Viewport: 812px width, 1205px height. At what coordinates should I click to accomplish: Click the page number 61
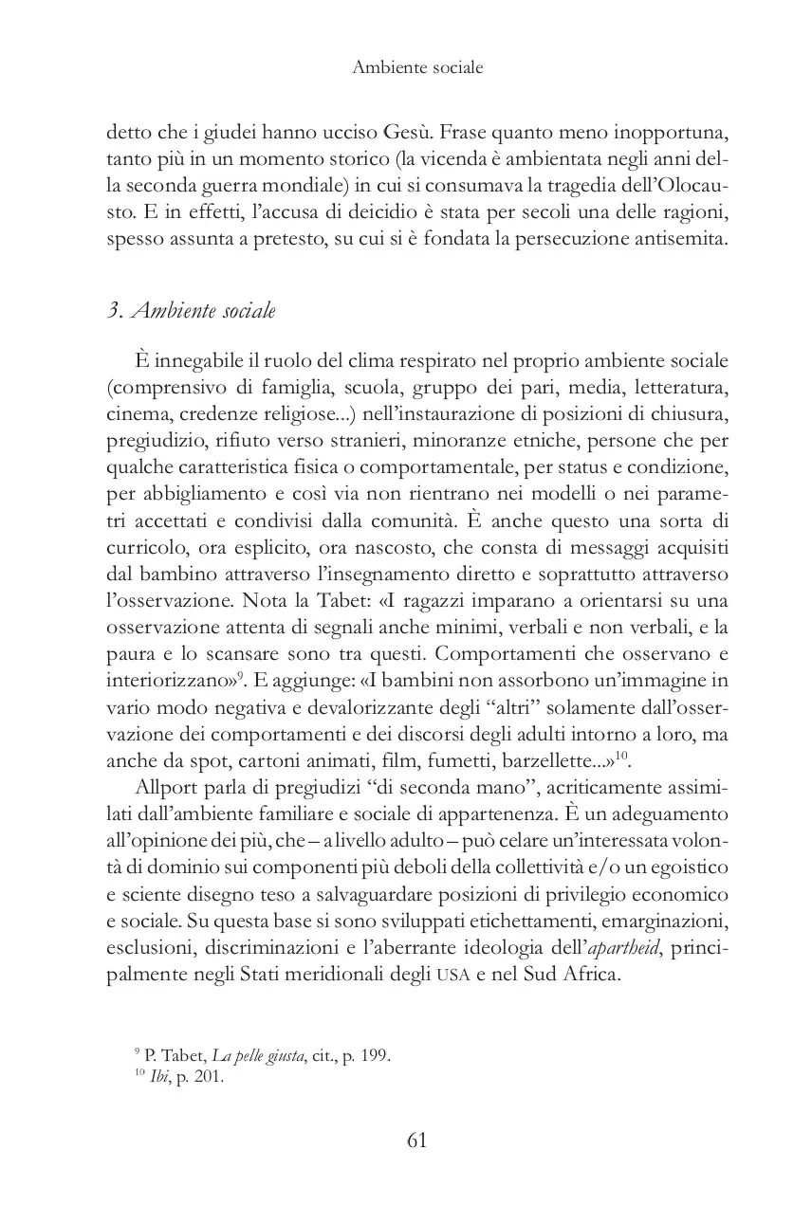tap(416, 1140)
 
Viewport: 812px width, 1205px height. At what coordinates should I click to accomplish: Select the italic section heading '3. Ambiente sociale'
tap(192, 310)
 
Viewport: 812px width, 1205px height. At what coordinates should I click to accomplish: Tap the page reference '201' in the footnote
tap(207, 1076)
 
